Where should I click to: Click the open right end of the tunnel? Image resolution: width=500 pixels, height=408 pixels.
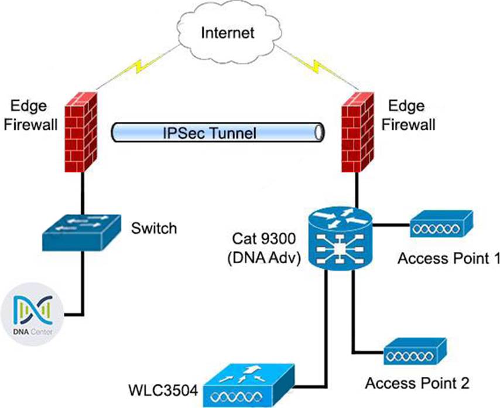click(319, 132)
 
